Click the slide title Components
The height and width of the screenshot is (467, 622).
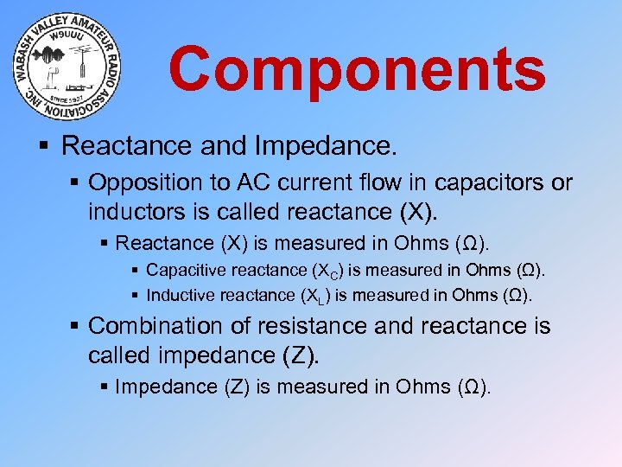[357, 70]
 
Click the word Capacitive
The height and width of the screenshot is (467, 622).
[182, 271]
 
